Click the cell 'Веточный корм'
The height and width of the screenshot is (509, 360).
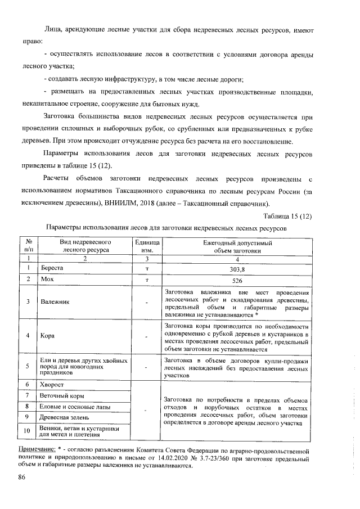(x=62, y=395)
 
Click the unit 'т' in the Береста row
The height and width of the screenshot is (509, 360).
(x=146, y=269)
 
